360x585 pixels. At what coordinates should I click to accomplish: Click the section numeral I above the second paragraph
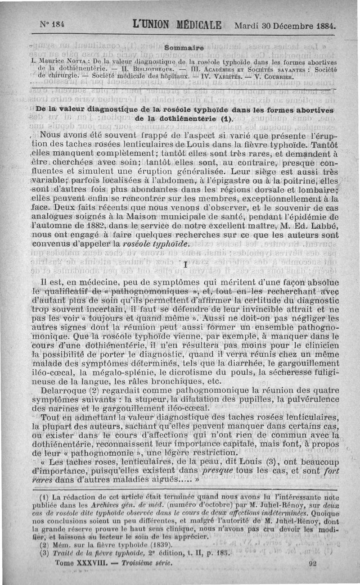point(185,266)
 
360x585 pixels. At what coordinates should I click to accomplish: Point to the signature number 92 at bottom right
point(314,563)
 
